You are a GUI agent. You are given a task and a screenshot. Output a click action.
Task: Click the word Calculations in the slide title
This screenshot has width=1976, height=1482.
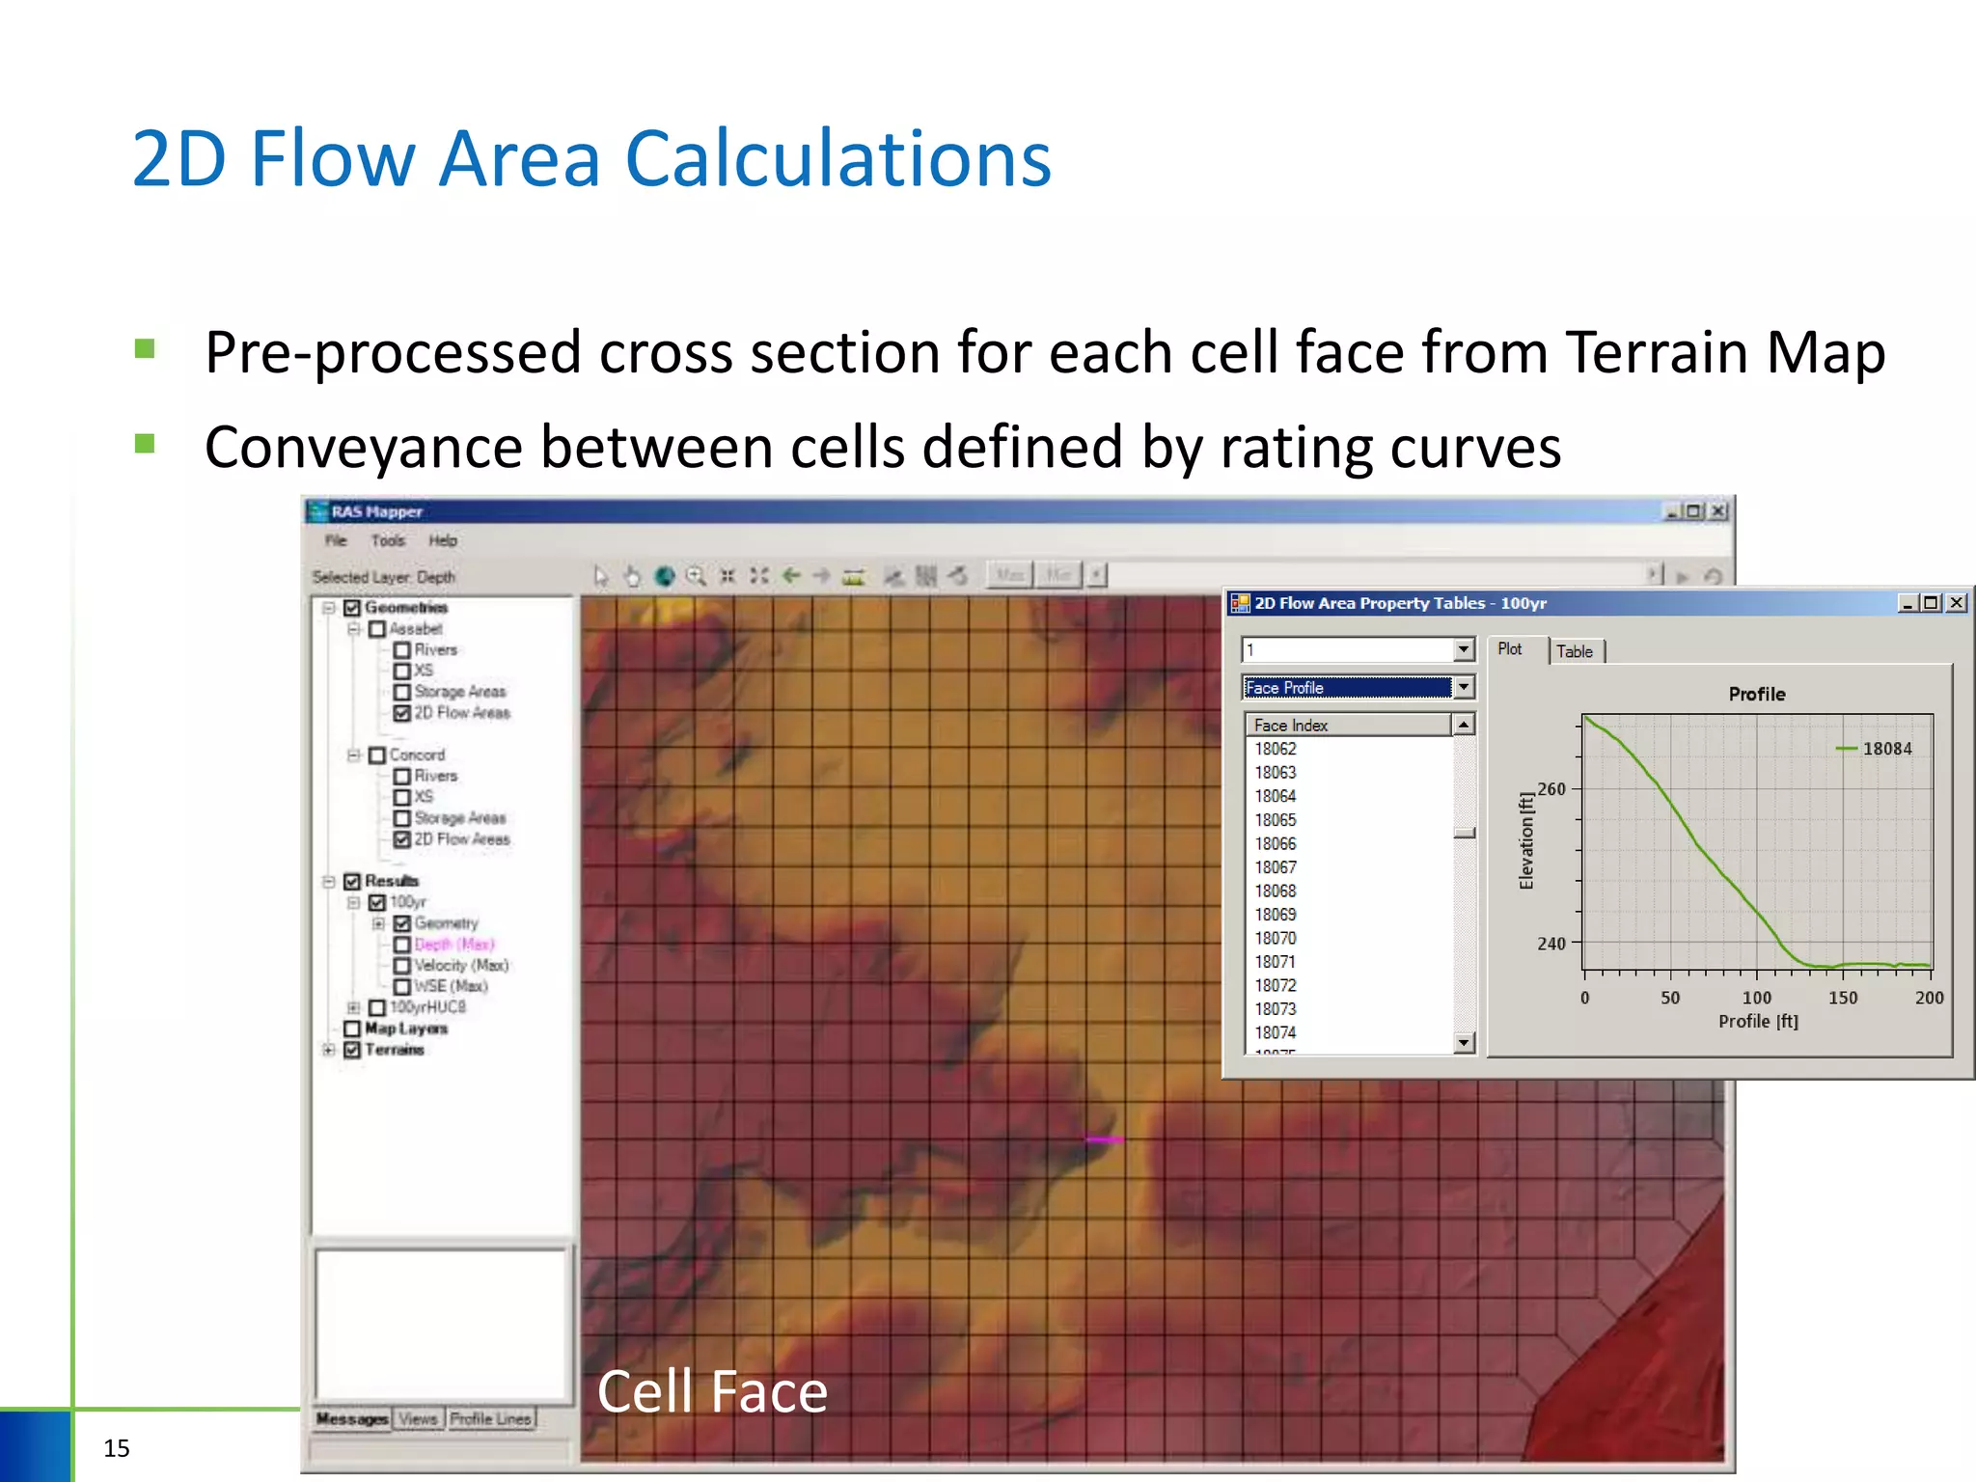837,159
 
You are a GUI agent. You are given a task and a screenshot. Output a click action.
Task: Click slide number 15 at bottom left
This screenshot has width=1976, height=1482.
116,1447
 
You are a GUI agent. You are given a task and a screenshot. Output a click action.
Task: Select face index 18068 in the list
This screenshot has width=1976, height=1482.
1275,891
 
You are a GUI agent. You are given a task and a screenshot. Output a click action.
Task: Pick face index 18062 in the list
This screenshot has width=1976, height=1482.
1275,749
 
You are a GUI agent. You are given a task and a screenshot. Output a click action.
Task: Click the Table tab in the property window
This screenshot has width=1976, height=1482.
1574,651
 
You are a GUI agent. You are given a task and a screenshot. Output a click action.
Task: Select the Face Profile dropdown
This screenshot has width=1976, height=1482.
1356,687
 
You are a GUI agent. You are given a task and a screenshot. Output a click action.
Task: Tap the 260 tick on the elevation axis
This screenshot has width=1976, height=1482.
1551,789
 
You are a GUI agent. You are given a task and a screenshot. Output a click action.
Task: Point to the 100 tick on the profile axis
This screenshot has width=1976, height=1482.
1756,998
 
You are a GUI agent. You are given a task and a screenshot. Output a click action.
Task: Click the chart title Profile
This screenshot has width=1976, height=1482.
1756,694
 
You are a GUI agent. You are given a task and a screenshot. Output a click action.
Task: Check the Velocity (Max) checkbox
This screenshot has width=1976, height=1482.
402,966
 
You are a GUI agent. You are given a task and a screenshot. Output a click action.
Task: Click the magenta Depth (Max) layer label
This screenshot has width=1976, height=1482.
453,945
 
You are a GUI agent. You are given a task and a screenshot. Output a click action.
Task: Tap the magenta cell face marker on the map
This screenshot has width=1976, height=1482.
1104,1139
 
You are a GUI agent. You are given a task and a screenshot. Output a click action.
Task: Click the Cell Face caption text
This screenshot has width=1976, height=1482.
712,1391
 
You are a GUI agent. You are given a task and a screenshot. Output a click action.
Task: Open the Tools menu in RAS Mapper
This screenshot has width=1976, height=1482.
388,540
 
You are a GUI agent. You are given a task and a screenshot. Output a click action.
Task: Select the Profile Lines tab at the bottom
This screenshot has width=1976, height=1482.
490,1418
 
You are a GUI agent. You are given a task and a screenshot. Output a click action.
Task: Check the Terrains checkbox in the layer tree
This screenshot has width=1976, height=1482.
352,1050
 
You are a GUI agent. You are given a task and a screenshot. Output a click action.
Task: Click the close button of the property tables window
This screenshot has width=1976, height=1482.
1956,603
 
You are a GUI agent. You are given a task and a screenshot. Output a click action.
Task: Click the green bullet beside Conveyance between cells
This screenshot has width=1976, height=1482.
146,444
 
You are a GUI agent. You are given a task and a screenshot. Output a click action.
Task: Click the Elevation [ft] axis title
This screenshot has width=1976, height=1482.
1525,840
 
